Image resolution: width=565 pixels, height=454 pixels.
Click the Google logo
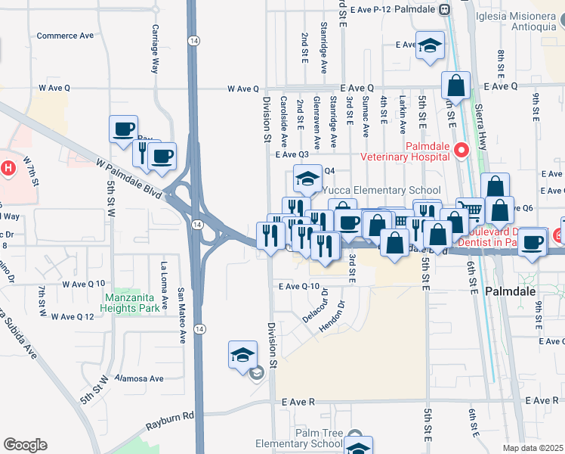pyautogui.click(x=25, y=445)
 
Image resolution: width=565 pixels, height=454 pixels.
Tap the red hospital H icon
pyautogui.click(x=8, y=166)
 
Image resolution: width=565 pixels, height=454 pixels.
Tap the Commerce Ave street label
pyautogui.click(x=65, y=36)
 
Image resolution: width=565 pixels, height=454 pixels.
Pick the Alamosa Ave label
pyautogui.click(x=139, y=378)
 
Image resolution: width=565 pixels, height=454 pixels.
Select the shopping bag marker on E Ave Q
pyautogui.click(x=456, y=86)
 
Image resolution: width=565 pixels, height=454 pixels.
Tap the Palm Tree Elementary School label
pyautogui.click(x=309, y=438)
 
